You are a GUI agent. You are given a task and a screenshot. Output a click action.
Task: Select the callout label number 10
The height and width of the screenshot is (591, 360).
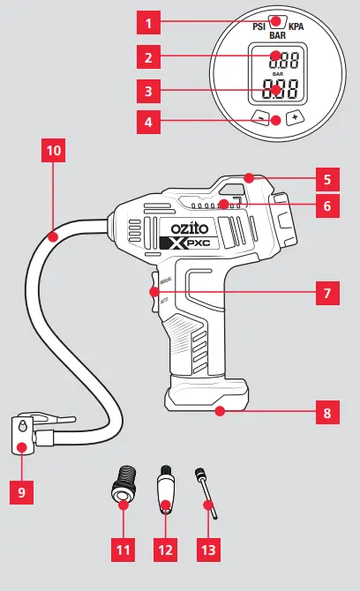(54, 151)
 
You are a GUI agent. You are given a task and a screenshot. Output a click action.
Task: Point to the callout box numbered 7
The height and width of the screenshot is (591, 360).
(326, 292)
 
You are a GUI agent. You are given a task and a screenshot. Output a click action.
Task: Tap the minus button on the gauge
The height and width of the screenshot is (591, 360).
(259, 117)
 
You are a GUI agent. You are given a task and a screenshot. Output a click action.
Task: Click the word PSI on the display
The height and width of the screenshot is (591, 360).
(260, 27)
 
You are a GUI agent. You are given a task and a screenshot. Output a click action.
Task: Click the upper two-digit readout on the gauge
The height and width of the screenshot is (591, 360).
(277, 58)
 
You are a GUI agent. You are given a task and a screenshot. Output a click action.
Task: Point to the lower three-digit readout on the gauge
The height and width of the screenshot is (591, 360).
(277, 90)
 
